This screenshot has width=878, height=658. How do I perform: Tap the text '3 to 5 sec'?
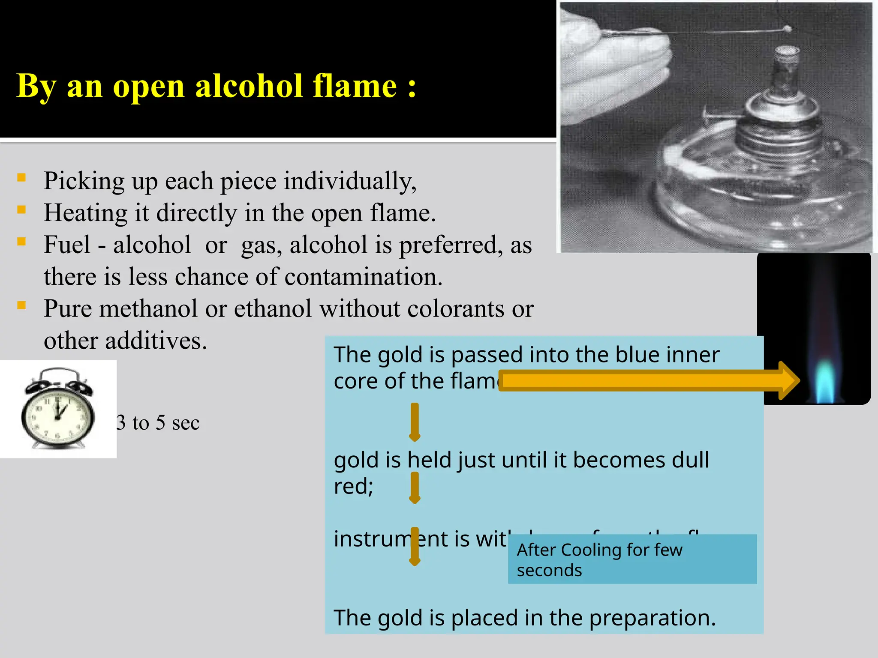pyautogui.click(x=158, y=423)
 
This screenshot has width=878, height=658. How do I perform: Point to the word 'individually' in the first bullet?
pyautogui.click(x=349, y=181)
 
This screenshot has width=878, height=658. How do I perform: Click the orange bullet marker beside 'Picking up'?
pyautogui.click(x=21, y=177)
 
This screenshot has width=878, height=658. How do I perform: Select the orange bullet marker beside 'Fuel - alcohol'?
pyautogui.click(x=21, y=242)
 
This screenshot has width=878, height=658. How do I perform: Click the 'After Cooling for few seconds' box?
pyautogui.click(x=632, y=559)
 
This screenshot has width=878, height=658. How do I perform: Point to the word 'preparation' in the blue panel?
pyautogui.click(x=652, y=618)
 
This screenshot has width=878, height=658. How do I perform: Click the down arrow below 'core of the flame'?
pyautogui.click(x=414, y=422)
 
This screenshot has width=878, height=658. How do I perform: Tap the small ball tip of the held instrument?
pyautogui.click(x=787, y=30)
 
